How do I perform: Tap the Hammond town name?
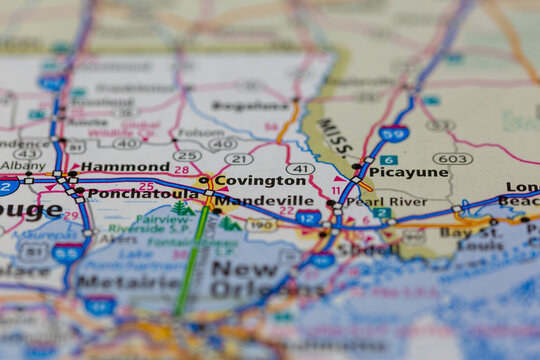125,167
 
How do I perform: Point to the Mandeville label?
264,200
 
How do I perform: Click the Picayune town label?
408,172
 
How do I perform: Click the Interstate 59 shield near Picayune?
393,133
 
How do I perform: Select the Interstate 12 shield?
308,217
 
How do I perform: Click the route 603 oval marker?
453,158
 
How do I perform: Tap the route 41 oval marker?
300,169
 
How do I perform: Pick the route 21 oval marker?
238,159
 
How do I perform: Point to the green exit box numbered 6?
389,160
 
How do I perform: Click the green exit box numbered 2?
382,213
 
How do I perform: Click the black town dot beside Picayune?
356,167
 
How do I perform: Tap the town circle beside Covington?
204,181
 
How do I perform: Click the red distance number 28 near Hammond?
181,170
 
